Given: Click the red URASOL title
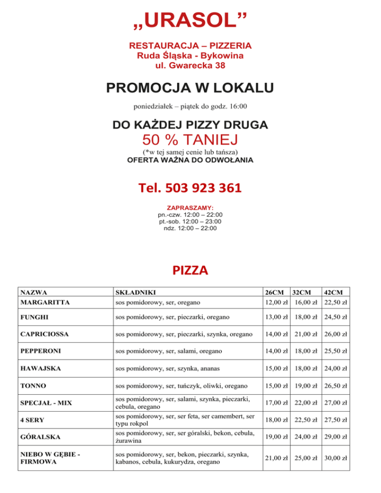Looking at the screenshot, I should click(x=190, y=20).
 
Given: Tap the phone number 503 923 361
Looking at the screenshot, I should click(x=190, y=188).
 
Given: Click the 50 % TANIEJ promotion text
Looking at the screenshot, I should click(x=190, y=139).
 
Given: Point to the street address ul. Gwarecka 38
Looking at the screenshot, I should click(x=190, y=64).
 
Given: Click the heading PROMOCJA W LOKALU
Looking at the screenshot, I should click(x=190, y=88).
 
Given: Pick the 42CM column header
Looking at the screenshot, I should click(x=334, y=293).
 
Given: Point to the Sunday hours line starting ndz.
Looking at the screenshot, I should click(x=190, y=228).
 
